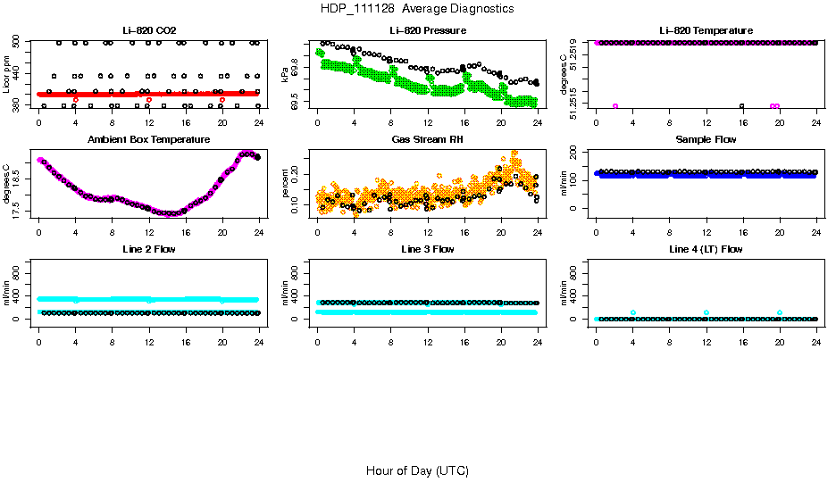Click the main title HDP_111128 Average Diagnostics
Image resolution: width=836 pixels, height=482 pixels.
[x=417, y=9]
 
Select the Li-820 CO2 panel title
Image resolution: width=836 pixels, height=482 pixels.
[x=149, y=31]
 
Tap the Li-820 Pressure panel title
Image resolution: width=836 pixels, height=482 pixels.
[x=427, y=31]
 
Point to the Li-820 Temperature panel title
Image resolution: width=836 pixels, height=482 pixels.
[x=706, y=31]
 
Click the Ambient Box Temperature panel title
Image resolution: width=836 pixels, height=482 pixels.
[x=149, y=140]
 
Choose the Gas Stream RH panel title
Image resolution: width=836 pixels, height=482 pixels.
[x=427, y=140]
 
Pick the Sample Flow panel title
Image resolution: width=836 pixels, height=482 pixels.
[x=706, y=140]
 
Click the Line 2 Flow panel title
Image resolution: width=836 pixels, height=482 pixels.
[x=149, y=249]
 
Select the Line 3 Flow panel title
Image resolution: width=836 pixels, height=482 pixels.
[x=427, y=249]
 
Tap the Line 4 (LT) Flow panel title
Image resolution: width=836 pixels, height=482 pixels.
[x=706, y=249]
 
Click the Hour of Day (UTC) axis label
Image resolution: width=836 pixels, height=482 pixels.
[x=417, y=470]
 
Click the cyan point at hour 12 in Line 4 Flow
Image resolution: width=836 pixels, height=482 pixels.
[x=706, y=312]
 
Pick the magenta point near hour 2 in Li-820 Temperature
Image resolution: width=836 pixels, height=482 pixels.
[x=615, y=106]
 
